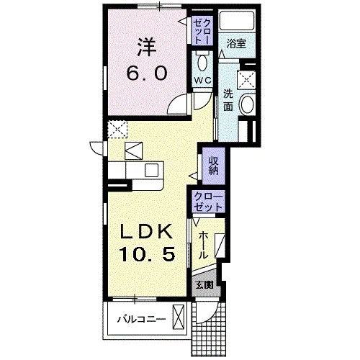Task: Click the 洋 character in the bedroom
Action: pos(147,48)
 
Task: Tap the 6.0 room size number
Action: pos(147,73)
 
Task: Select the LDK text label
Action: pos(147,231)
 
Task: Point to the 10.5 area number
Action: pos(147,254)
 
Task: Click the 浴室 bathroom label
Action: pos(236,44)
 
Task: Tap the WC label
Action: pos(203,80)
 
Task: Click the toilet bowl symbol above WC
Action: pos(203,63)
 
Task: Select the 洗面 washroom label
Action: pos(228,100)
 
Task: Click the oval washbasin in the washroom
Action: pos(247,104)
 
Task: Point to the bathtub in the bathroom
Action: pos(237,20)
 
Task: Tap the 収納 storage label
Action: pos(213,166)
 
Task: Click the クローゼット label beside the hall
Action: pos(208,202)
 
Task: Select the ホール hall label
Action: pos(203,245)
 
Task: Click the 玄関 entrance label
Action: pos(204,285)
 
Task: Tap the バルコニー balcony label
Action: pos(142,319)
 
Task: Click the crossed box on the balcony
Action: pos(179,317)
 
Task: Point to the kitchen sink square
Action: pos(151,170)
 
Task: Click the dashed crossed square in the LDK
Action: pos(117,130)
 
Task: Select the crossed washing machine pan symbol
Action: pos(246,80)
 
